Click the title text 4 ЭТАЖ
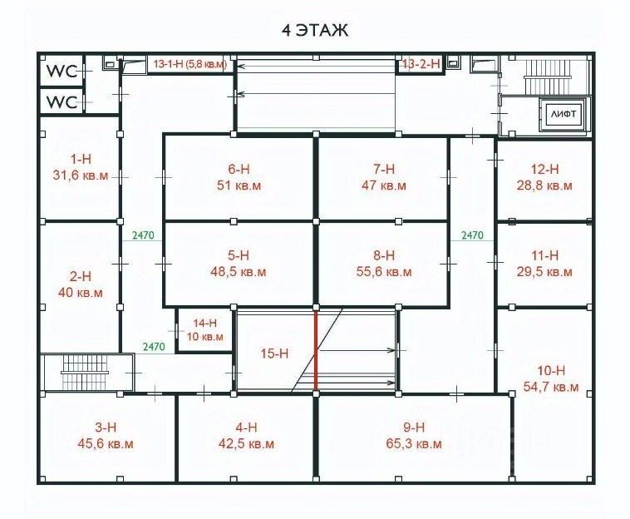[315, 30]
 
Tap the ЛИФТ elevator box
[563, 114]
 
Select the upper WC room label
[62, 72]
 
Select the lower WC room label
[62, 102]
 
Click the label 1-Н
[81, 159]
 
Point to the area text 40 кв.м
[81, 292]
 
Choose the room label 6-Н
[239, 169]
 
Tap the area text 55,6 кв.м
[384, 272]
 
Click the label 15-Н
[274, 353]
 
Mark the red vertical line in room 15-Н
[316, 350]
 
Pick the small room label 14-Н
[205, 323]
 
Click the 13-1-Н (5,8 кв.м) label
[189, 64]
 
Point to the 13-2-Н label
[421, 63]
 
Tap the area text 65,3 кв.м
[414, 444]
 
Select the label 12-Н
[545, 169]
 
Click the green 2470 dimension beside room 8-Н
[472, 235]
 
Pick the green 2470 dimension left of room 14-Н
[154, 347]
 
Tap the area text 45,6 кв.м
[106, 444]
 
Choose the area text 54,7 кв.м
[551, 387]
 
